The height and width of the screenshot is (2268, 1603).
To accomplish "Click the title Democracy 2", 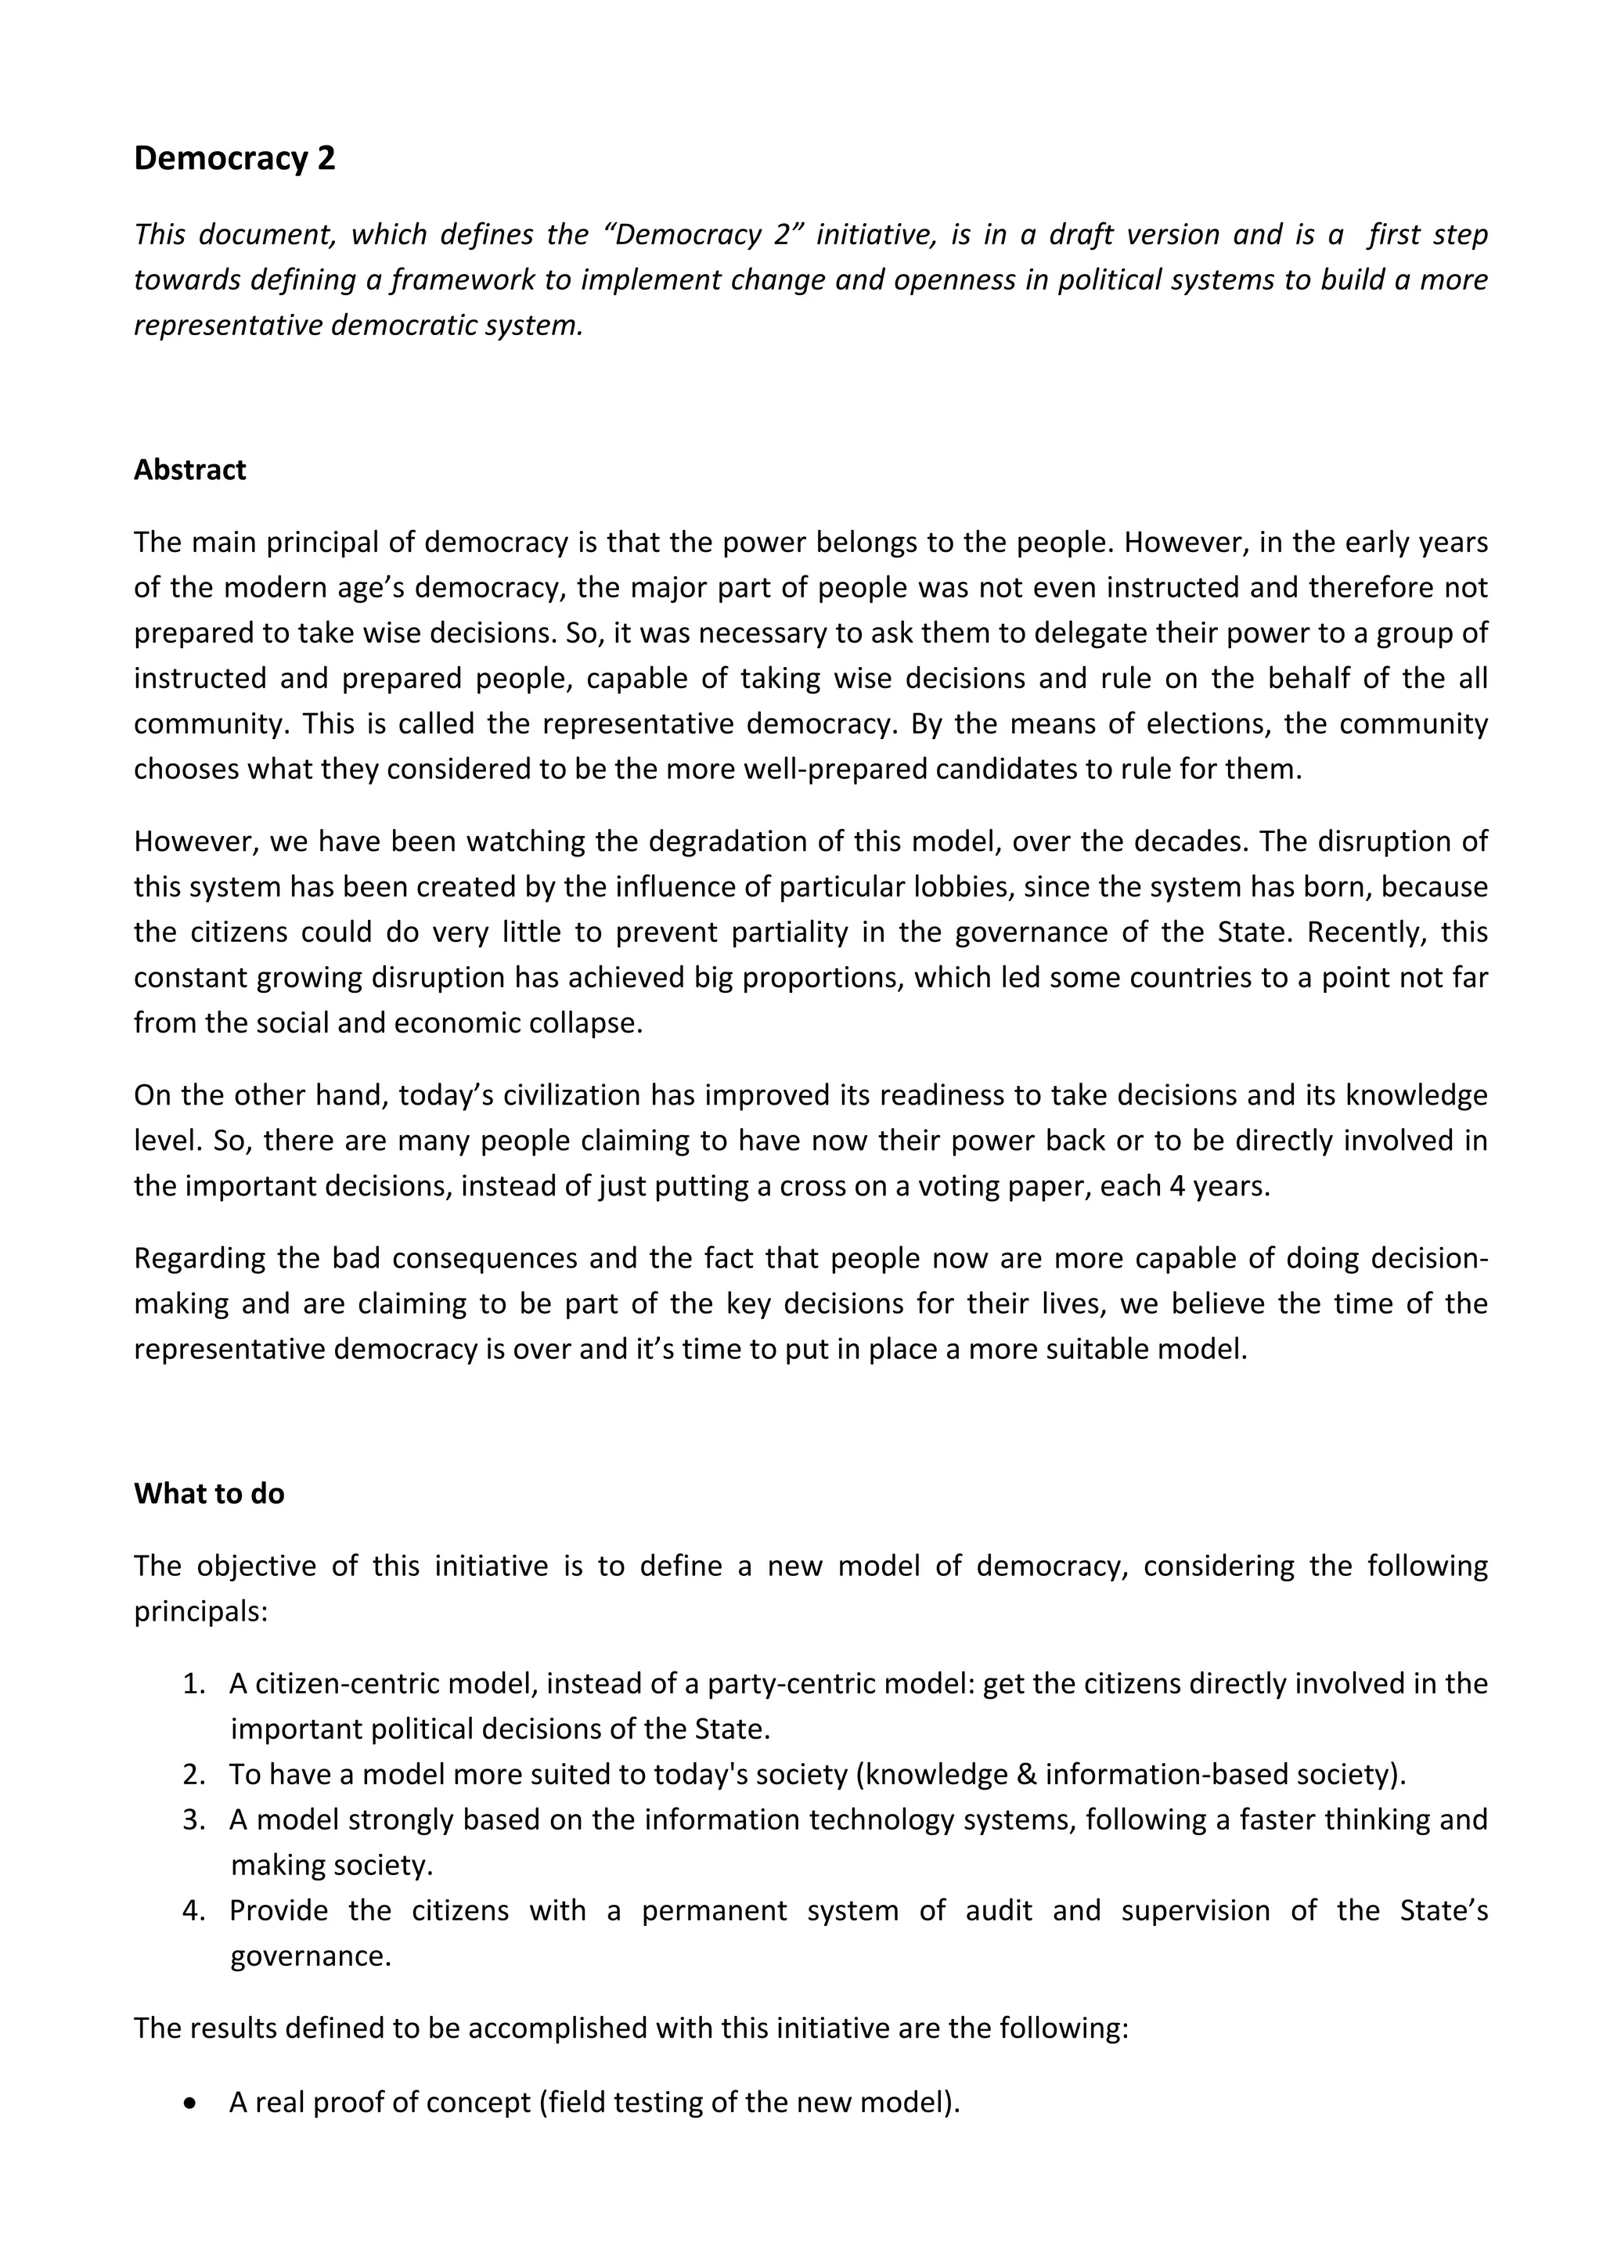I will tap(234, 159).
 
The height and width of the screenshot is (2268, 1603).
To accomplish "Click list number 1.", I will tap(193, 1683).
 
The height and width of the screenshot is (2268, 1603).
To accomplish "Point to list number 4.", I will tap(193, 1910).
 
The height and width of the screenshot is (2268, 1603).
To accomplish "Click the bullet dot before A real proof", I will tap(189, 2102).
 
